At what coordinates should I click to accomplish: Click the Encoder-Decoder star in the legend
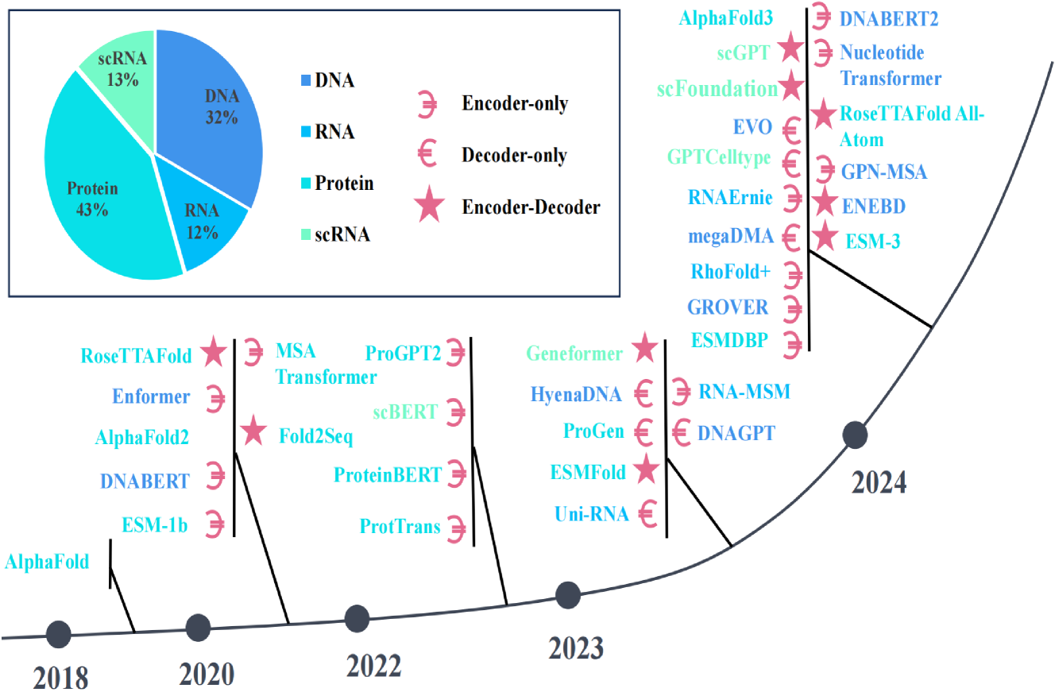click(x=429, y=208)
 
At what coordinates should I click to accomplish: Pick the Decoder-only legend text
click(x=514, y=156)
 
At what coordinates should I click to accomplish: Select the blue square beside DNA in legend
click(x=307, y=81)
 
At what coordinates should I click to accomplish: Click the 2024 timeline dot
click(x=855, y=434)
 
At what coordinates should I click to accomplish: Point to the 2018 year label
click(x=60, y=679)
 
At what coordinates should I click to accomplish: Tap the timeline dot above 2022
click(x=357, y=617)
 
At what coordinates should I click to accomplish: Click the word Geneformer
click(x=574, y=353)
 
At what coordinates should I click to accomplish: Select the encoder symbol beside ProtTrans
click(x=456, y=526)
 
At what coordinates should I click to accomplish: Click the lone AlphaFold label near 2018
click(x=46, y=562)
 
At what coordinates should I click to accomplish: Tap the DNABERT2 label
click(x=889, y=19)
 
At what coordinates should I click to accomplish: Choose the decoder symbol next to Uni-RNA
click(x=647, y=513)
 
